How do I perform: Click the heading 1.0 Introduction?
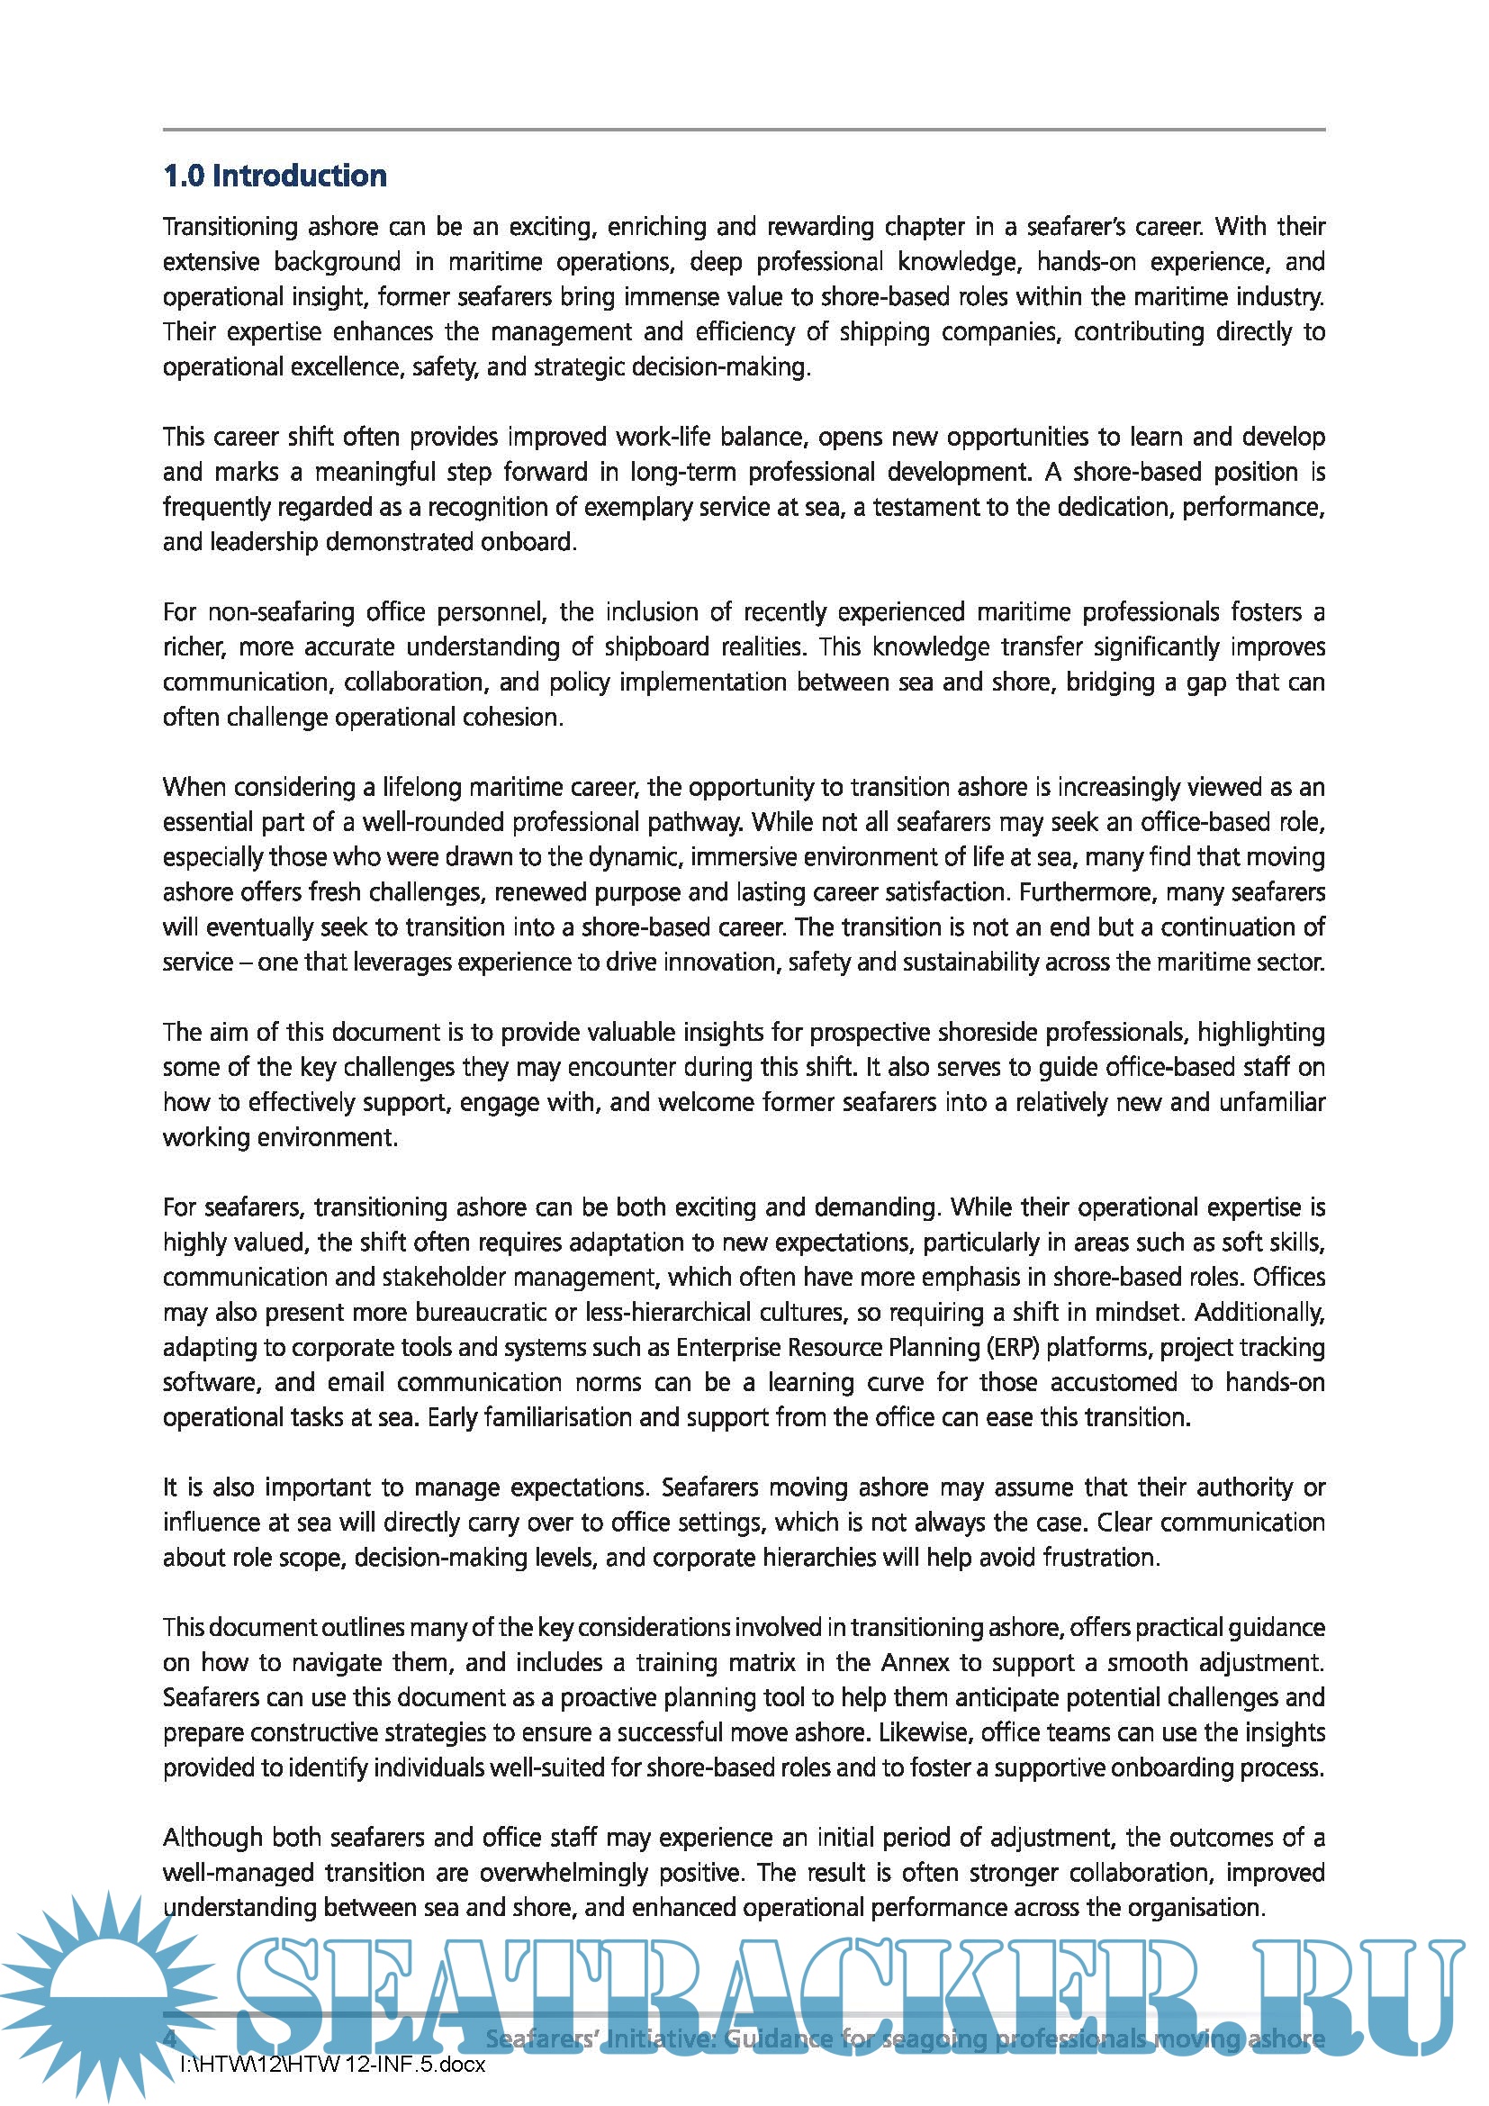[x=275, y=176]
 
